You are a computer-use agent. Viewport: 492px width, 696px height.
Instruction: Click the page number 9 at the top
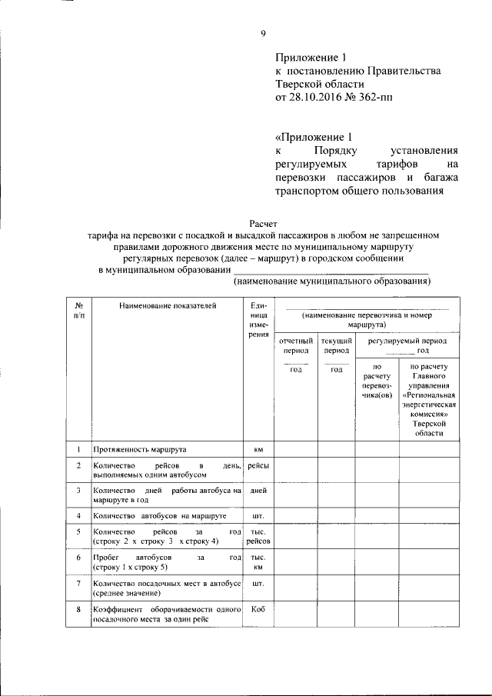click(263, 32)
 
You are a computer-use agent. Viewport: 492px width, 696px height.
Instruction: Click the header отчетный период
click(296, 345)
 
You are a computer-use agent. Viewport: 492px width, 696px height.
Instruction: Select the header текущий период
click(336, 345)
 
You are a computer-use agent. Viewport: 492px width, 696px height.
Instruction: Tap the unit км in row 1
click(258, 448)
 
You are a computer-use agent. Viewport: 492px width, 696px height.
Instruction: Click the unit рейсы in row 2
click(258, 466)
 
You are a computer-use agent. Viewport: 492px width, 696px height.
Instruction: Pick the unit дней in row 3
click(258, 490)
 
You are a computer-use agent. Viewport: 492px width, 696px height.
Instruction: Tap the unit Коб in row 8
click(258, 610)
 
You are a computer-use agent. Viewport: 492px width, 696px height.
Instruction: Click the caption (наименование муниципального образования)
click(331, 281)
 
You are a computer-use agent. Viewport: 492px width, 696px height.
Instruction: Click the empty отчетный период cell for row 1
click(296, 448)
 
